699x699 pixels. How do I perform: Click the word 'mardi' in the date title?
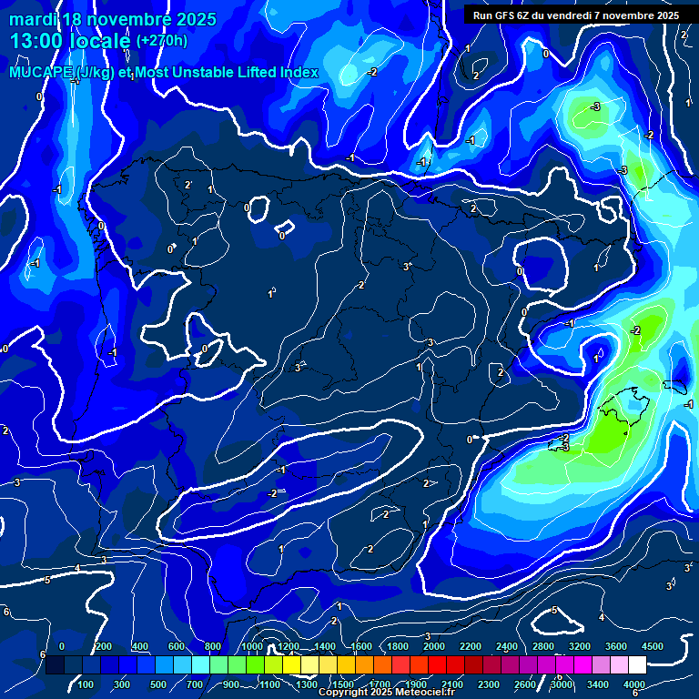coord(35,19)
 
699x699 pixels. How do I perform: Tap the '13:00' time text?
coord(37,41)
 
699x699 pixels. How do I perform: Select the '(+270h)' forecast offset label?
coord(162,41)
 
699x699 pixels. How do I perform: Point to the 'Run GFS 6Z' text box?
coord(576,15)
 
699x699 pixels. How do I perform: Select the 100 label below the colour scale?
coord(86,684)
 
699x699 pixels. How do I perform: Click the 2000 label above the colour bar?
coord(434,646)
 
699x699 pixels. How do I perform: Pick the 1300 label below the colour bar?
coord(306,684)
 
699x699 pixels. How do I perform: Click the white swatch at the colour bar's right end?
coord(637,665)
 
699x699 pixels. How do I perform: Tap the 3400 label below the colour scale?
coord(598,684)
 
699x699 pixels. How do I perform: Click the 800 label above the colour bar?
coord(213,646)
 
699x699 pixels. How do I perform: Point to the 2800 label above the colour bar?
coord(543,646)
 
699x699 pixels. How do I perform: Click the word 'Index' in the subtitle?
coord(299,73)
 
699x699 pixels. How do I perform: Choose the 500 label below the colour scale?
coord(158,684)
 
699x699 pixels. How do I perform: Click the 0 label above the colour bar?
coord(62,646)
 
